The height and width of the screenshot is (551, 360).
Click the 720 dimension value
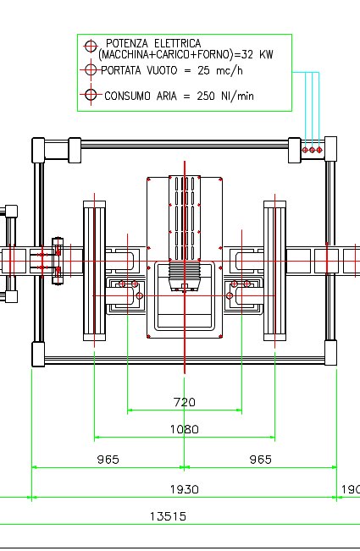click(x=184, y=402)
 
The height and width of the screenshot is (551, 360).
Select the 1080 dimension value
click(x=184, y=429)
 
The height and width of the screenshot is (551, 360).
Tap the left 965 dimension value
click(x=108, y=460)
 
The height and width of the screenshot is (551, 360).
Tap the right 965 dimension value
click(x=261, y=460)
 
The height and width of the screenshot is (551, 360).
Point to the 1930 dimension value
click(x=184, y=489)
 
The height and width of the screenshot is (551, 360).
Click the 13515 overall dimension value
click(x=168, y=516)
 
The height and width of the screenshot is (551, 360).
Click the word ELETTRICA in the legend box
click(x=178, y=43)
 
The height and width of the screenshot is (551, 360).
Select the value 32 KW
click(x=258, y=54)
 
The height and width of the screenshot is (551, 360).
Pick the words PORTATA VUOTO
click(x=139, y=70)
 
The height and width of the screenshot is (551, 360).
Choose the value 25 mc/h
click(x=220, y=70)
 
